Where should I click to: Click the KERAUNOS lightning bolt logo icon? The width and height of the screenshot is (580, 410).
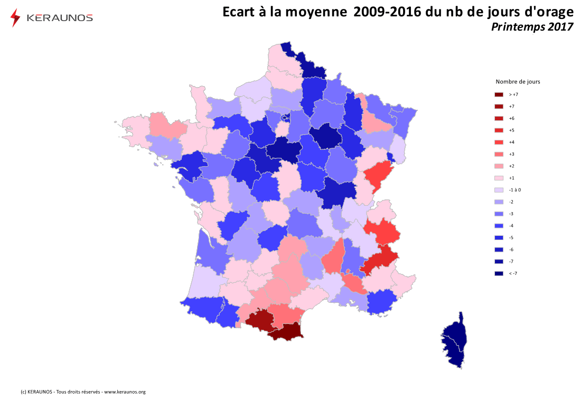[x=15, y=17]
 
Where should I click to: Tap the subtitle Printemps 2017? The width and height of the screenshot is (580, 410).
[x=532, y=27]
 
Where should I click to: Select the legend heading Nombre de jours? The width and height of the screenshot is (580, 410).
[x=518, y=82]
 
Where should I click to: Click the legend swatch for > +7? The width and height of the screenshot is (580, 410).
[x=499, y=94]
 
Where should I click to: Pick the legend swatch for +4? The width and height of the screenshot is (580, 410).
[x=499, y=142]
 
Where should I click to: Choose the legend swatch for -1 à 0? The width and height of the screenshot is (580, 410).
[x=499, y=190]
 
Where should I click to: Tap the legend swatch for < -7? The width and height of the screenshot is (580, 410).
[x=499, y=273]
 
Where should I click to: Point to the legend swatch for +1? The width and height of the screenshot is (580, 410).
[x=499, y=178]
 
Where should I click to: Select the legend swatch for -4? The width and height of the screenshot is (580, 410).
[x=499, y=226]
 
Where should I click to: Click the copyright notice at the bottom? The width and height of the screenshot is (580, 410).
[x=83, y=392]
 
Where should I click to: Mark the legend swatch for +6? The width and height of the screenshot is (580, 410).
[x=499, y=118]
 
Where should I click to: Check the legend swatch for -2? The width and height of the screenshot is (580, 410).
[x=499, y=202]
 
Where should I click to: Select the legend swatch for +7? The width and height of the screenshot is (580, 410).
[x=499, y=107]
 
